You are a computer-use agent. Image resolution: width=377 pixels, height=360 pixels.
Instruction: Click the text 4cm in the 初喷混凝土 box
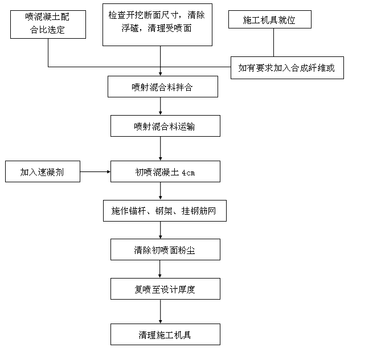click(x=188, y=173)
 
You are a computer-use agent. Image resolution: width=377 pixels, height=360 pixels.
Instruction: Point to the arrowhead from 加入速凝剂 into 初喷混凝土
click(x=109, y=171)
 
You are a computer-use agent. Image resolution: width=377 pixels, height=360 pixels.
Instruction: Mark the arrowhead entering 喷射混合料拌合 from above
click(x=161, y=74)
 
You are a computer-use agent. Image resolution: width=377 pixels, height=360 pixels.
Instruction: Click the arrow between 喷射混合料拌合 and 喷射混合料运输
click(x=161, y=106)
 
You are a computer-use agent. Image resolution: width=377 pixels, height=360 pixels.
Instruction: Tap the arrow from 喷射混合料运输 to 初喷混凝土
click(x=161, y=149)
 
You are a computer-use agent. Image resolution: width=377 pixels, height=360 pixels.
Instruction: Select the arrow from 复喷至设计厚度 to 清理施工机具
click(x=161, y=312)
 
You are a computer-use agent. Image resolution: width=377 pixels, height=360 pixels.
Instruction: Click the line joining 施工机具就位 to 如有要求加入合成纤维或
click(x=273, y=43)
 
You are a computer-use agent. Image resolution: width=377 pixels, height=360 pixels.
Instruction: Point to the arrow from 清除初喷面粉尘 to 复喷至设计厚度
click(x=160, y=269)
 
